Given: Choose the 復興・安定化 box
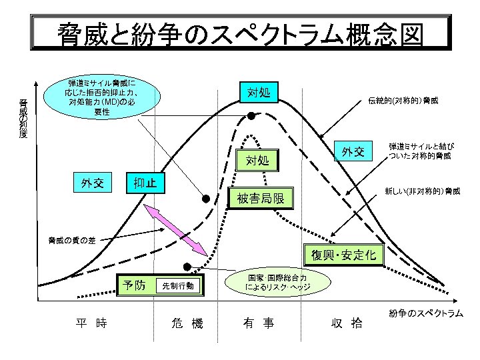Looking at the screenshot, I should [343, 255].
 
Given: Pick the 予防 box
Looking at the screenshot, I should [134, 285].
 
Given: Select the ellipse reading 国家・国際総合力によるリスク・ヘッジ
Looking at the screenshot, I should [277, 282].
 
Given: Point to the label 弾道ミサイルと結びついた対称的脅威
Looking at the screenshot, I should [421, 151].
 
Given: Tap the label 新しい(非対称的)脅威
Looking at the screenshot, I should [423, 191].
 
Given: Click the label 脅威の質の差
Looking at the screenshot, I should [72, 241].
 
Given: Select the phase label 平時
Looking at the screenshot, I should [91, 323].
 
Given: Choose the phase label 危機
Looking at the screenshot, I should [187, 323].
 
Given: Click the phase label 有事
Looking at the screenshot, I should [259, 323].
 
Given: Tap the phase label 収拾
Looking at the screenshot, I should [347, 323].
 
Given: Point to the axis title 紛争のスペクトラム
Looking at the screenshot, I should [426, 313].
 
